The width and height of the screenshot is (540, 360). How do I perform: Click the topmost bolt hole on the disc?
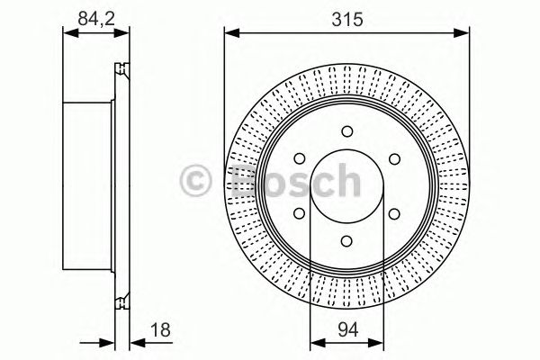tap(346, 132)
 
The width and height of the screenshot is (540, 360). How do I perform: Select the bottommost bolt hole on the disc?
tap(346, 240)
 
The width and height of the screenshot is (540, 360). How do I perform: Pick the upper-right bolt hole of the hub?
tap(393, 159)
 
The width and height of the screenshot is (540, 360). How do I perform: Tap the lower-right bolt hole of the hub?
tap(393, 213)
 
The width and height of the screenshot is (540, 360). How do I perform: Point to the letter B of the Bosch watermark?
tap(245, 183)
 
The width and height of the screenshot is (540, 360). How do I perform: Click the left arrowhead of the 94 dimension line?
tap(314, 341)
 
